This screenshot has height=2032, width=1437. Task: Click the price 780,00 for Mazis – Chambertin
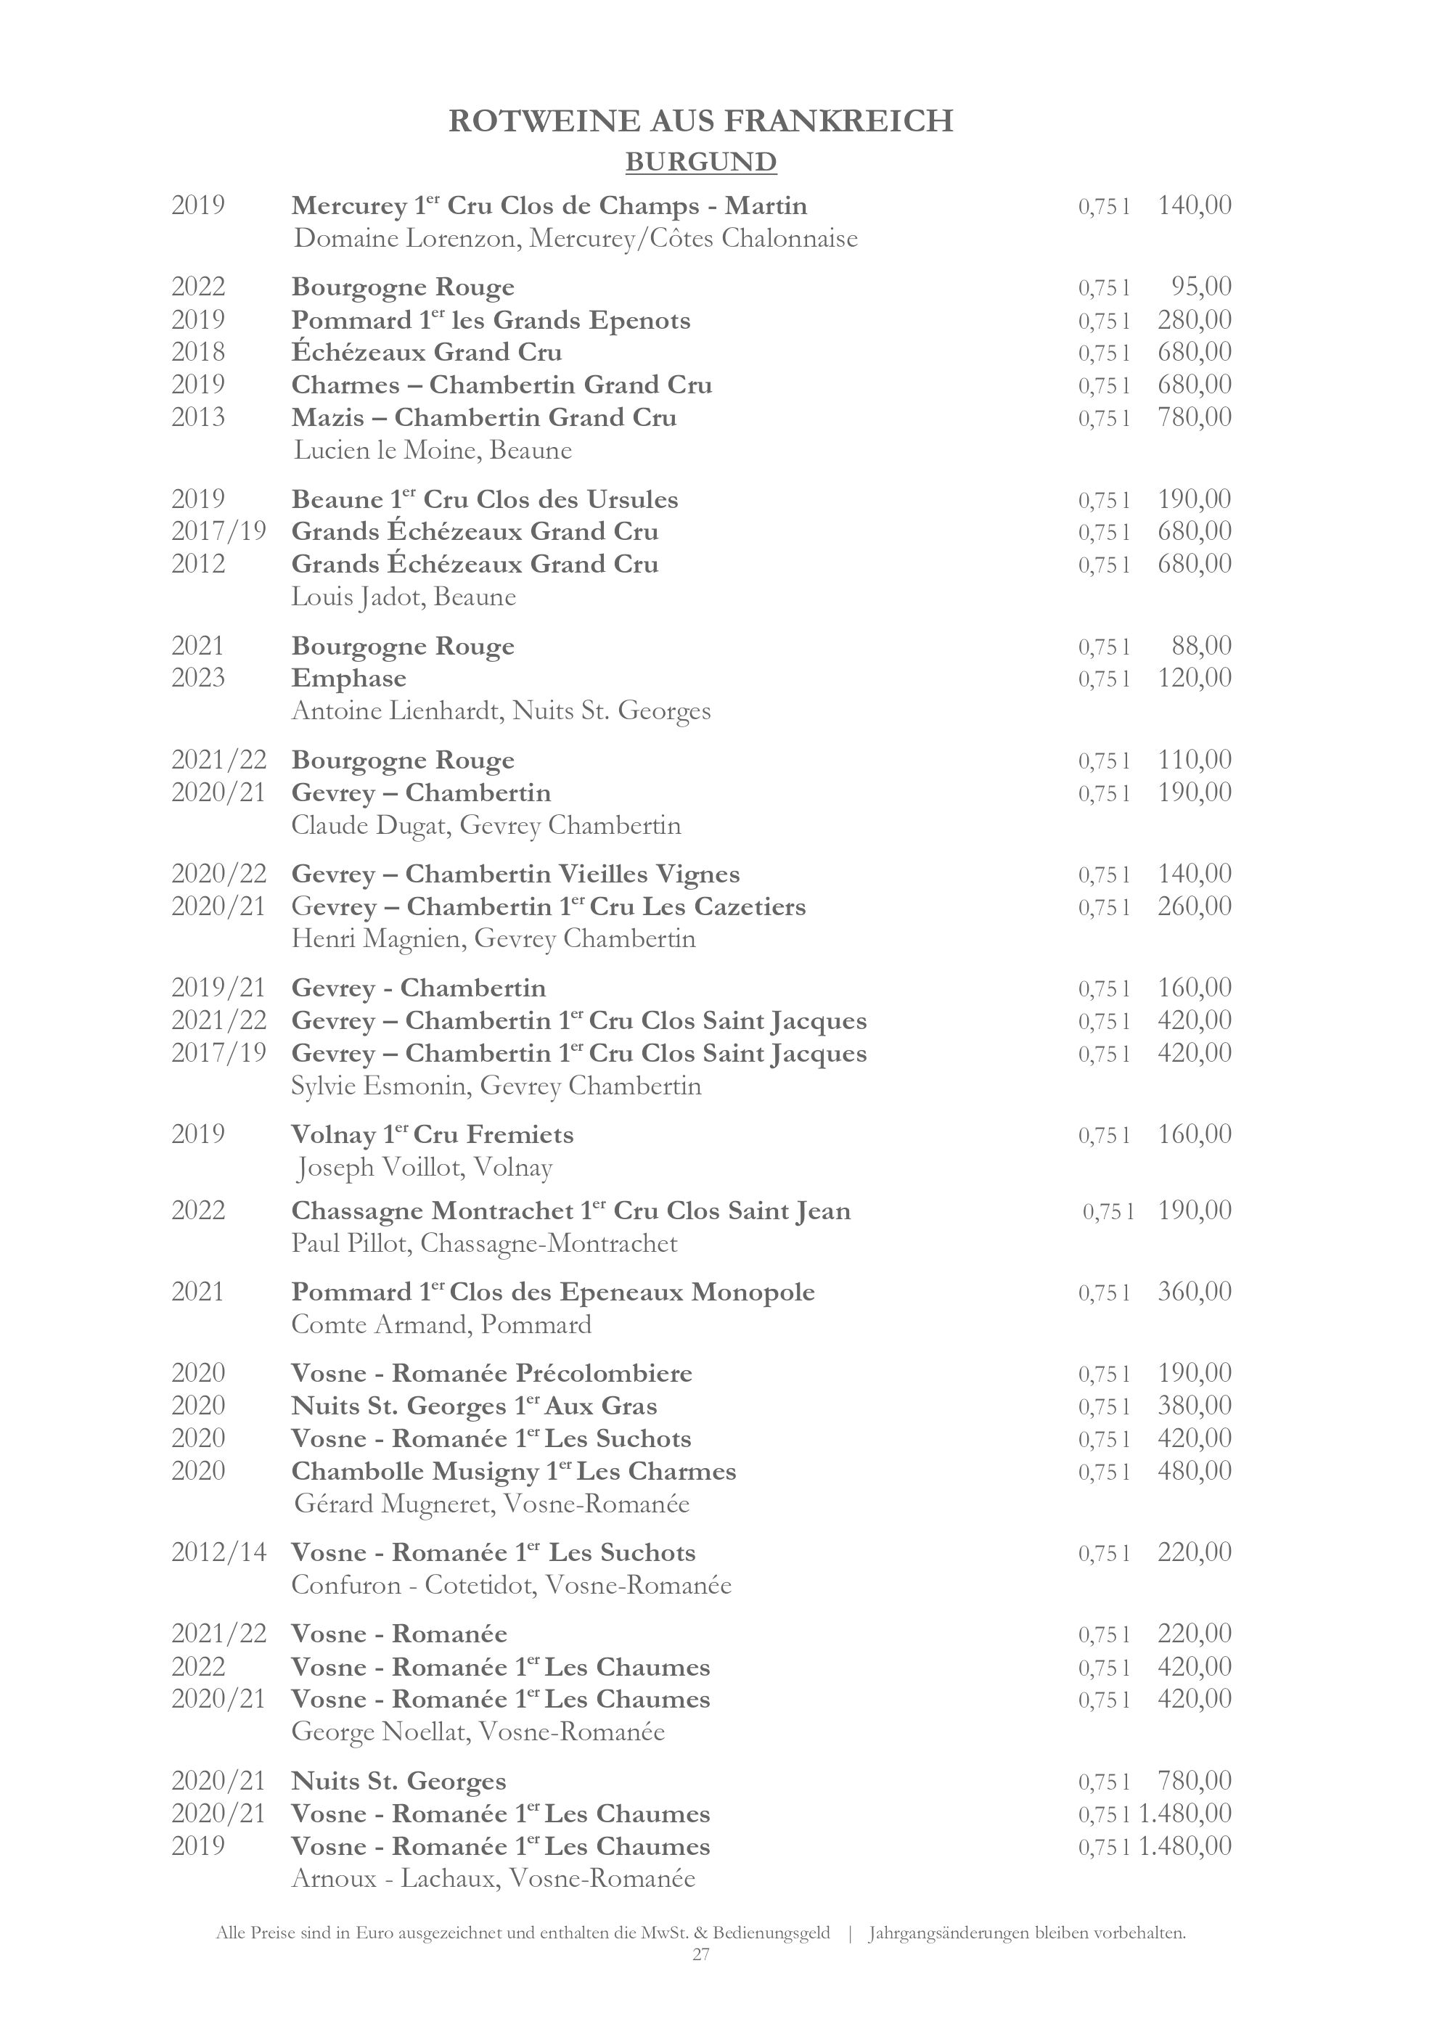[1194, 417]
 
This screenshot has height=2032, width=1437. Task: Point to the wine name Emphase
[348, 679]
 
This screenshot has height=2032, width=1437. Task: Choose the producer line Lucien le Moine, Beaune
[433, 451]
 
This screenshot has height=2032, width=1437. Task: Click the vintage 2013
[198, 417]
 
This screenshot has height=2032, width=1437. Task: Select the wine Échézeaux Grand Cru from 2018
[427, 352]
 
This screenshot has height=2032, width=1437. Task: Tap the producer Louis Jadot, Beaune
[404, 597]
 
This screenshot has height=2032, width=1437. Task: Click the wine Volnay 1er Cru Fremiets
[432, 1134]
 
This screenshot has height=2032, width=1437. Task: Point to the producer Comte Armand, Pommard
[441, 1325]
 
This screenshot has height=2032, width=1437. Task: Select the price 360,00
[1194, 1292]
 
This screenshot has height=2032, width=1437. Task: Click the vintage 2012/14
[218, 1552]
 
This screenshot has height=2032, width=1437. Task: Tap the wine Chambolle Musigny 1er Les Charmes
[513, 1472]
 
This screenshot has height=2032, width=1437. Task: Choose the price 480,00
[1194, 1471]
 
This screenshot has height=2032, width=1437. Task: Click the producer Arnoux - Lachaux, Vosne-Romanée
[493, 1879]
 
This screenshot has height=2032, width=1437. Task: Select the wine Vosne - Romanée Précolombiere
[491, 1374]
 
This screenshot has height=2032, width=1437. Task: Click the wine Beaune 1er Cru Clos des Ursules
[484, 500]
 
